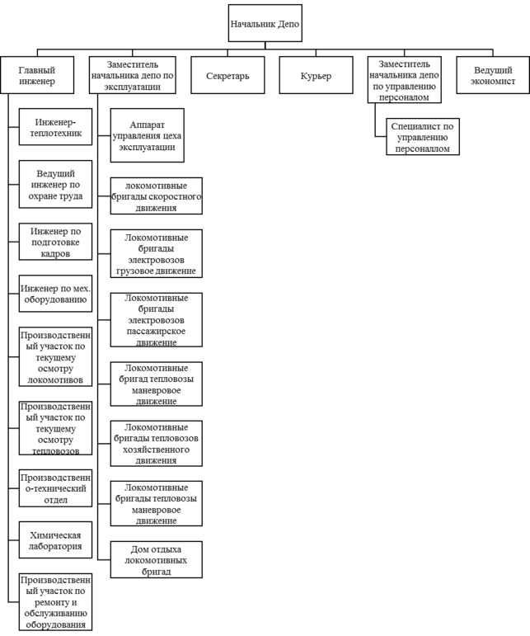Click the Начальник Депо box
coord(265,24)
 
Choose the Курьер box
coord(317,76)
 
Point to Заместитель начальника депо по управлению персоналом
coord(405,80)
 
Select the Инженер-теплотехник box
coord(55,127)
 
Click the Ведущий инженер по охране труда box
coord(55,185)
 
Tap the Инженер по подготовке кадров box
coord(55,243)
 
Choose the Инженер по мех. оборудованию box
coord(55,294)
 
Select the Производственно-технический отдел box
coord(55,489)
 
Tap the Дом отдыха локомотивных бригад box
coord(156,559)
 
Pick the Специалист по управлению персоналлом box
coord(423,137)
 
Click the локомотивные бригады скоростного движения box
coord(156,197)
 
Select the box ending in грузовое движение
coord(156,253)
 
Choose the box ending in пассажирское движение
coord(156,319)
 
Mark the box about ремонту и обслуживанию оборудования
coord(55,602)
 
